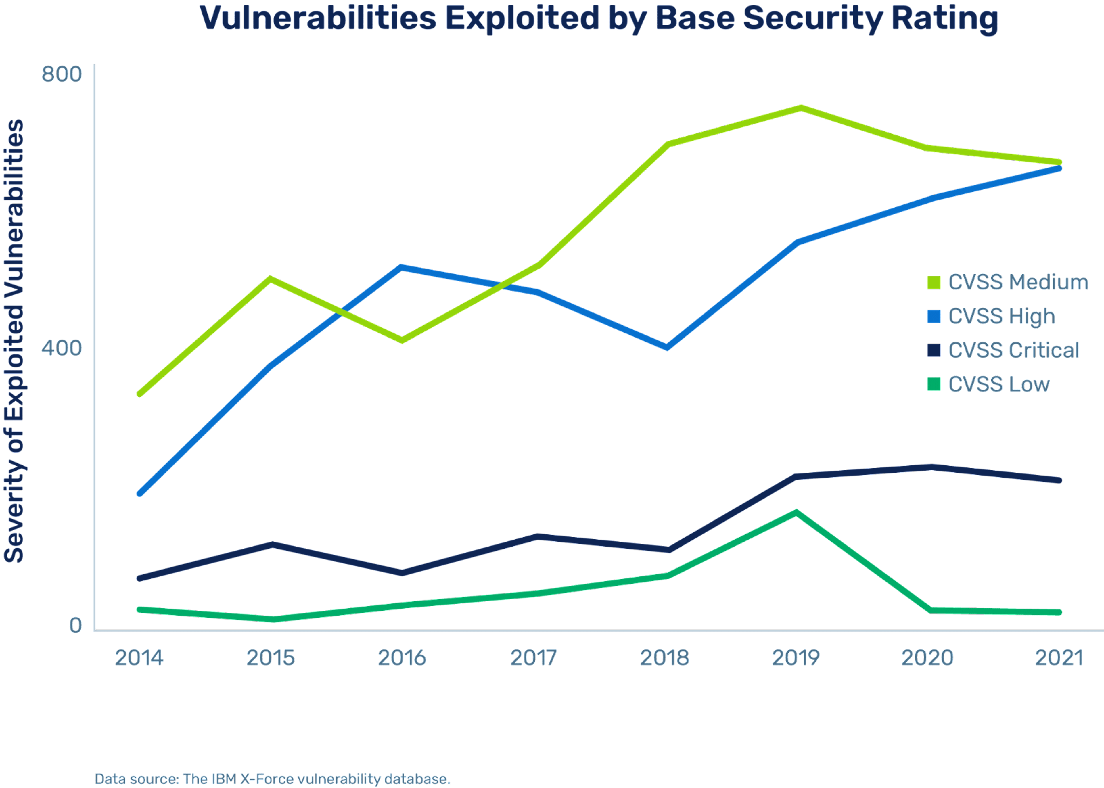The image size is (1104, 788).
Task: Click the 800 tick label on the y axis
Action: point(62,74)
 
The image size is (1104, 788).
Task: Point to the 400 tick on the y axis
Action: point(62,347)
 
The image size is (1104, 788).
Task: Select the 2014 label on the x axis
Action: point(139,658)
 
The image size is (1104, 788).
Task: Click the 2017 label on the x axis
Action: point(533,658)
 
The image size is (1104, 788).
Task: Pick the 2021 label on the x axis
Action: point(1059,658)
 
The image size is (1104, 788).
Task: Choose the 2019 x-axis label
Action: point(796,658)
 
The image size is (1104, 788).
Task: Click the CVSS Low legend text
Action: point(999,384)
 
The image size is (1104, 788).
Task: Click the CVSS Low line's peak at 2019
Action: point(796,512)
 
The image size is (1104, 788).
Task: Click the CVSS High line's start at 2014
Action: point(139,494)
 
